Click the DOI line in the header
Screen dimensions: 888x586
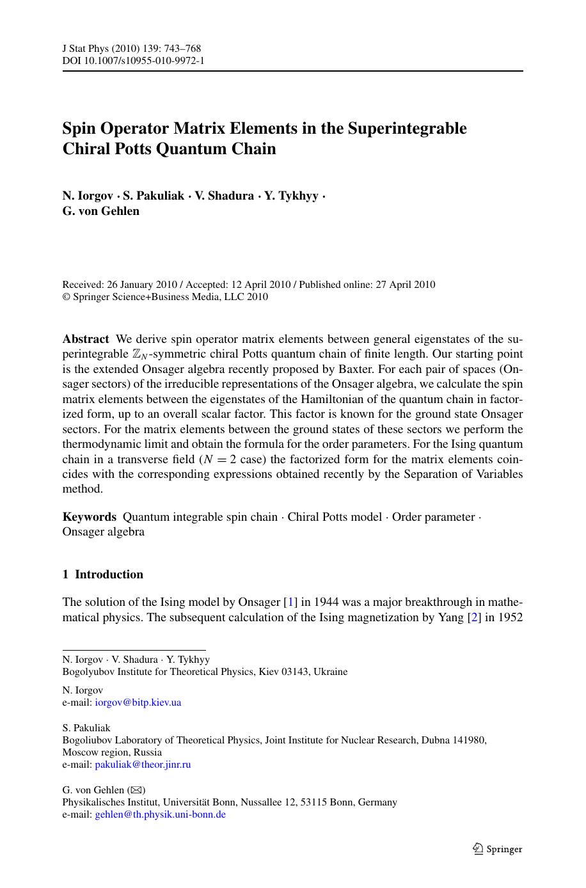(x=133, y=61)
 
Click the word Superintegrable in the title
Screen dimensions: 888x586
(x=407, y=129)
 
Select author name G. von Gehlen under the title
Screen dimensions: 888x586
(x=100, y=211)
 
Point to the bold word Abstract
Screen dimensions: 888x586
(x=86, y=339)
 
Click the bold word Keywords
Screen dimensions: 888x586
(x=89, y=517)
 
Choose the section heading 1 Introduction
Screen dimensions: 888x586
(x=102, y=575)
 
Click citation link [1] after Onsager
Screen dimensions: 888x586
(x=290, y=602)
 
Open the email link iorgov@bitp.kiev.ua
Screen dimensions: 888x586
(x=138, y=702)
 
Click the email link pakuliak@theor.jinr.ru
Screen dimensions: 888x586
(x=143, y=765)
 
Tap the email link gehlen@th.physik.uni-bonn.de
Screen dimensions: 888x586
(x=160, y=814)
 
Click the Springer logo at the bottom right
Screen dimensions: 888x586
(x=497, y=849)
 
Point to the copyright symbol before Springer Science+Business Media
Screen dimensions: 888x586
(x=65, y=297)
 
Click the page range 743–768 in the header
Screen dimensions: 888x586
(x=182, y=49)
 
